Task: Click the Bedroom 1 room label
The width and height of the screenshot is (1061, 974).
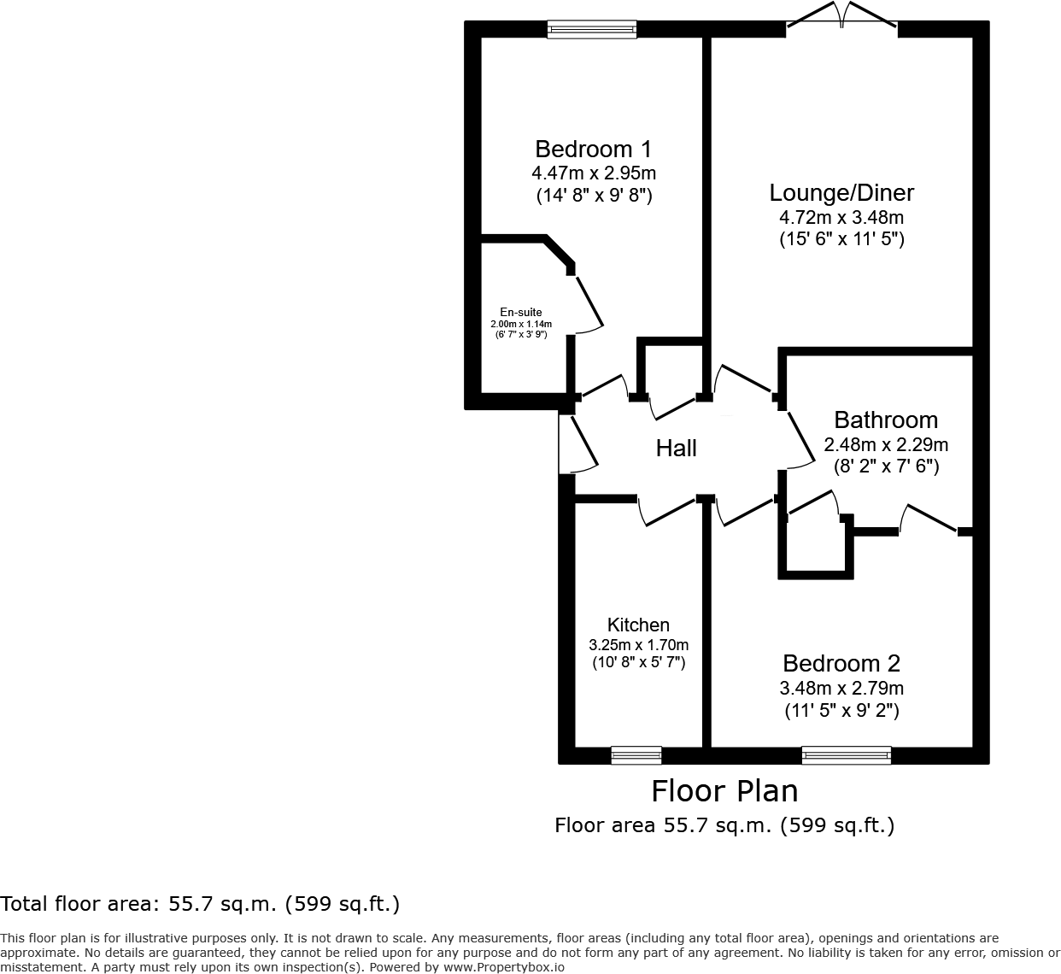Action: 593,149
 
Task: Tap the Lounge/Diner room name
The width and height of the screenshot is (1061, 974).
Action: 841,193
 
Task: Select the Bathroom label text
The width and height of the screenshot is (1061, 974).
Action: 886,420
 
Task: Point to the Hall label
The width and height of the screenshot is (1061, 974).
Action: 676,448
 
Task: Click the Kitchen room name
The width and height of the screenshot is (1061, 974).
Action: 638,625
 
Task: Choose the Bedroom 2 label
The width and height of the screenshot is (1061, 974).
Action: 841,663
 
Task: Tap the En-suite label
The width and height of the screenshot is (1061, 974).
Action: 521,313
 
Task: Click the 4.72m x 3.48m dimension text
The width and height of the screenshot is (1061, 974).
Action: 841,217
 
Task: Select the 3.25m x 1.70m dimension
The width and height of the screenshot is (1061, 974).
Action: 638,645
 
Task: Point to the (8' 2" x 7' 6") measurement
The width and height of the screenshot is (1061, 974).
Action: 886,466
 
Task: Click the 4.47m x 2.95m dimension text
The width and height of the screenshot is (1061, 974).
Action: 593,173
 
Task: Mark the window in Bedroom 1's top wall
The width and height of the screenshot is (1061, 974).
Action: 592,30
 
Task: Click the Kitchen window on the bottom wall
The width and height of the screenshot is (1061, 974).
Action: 636,755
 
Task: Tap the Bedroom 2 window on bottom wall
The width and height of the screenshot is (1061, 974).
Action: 846,755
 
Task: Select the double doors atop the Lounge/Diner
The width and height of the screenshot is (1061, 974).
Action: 842,19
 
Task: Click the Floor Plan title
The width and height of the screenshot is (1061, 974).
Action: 724,791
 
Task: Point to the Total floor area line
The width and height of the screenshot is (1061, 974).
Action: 200,904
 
